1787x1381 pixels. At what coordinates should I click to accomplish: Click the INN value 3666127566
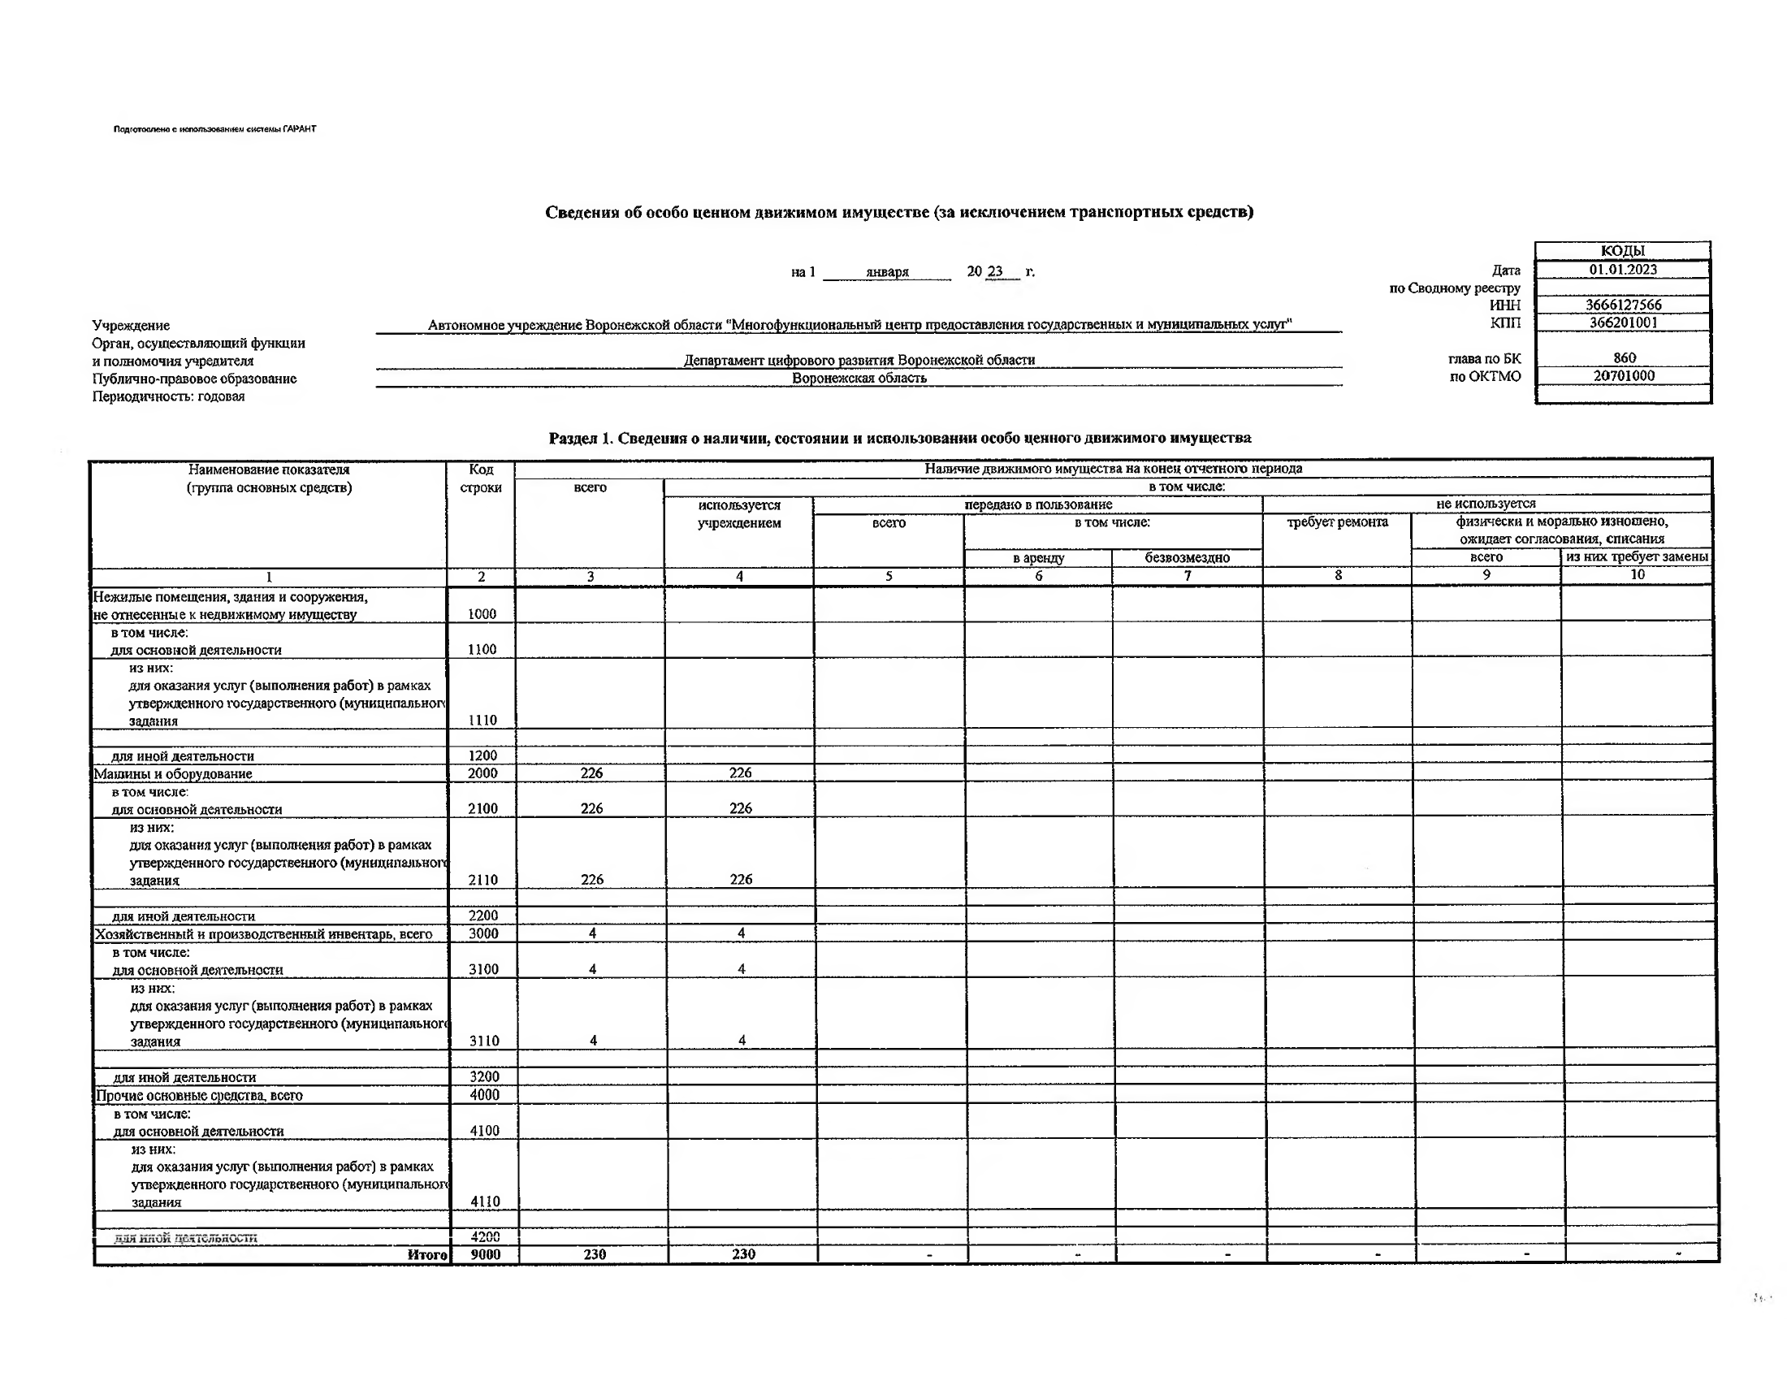(1624, 305)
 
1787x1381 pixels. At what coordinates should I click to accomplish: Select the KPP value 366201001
(1624, 323)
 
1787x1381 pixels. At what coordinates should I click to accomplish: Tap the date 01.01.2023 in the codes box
(1624, 269)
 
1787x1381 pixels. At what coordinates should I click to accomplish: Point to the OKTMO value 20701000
(1624, 376)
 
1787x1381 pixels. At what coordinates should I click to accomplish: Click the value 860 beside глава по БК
(1625, 357)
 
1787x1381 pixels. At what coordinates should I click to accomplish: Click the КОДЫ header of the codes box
(1623, 251)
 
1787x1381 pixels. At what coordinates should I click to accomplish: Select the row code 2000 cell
(482, 773)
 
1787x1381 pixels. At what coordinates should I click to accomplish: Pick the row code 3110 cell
(483, 1041)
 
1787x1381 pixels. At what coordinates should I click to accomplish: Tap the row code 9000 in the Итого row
(485, 1254)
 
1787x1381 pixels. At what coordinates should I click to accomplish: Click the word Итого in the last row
(427, 1254)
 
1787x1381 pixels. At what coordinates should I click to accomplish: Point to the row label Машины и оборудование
(174, 774)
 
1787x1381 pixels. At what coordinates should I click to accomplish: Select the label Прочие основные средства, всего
(200, 1096)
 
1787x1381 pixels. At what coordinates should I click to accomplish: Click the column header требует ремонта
(1337, 522)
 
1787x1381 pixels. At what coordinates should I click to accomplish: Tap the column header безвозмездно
(1187, 558)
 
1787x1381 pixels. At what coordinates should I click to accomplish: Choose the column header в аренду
(1038, 558)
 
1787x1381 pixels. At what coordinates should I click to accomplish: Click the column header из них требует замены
(1637, 557)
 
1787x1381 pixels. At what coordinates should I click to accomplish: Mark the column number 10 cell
(1637, 575)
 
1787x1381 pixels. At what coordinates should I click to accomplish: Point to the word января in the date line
(887, 271)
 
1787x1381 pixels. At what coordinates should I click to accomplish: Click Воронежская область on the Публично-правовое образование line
(859, 378)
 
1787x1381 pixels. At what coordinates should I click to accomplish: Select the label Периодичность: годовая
(169, 396)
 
